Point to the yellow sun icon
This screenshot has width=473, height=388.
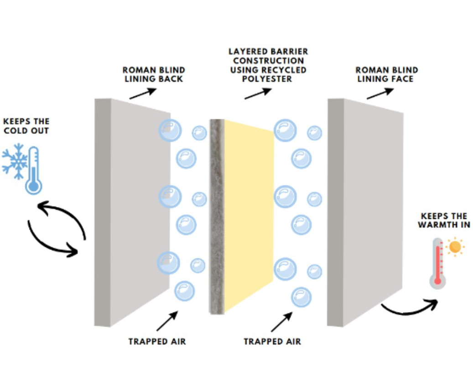[x=455, y=247]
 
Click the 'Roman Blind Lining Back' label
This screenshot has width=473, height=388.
[x=154, y=74]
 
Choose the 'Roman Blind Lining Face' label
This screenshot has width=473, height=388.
[x=387, y=74]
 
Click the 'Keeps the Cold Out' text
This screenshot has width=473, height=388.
[x=26, y=126]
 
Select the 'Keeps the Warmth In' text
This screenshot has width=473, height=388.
[x=444, y=220]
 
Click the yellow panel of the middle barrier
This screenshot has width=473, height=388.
[x=249, y=215]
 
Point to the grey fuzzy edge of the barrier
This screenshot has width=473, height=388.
[x=217, y=215]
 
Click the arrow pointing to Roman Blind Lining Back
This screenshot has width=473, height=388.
[x=143, y=93]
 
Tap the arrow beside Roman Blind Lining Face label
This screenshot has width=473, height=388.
[x=380, y=93]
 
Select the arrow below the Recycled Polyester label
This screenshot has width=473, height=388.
[x=258, y=93]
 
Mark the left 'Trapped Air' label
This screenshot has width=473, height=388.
[x=157, y=341]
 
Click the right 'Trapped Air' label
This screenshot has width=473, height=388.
[x=272, y=341]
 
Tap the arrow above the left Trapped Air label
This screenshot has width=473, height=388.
[x=167, y=321]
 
